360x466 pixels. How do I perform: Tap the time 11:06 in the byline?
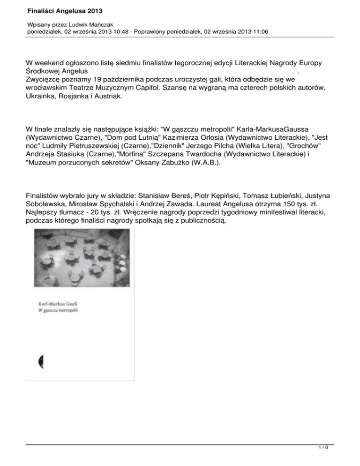click(260, 32)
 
